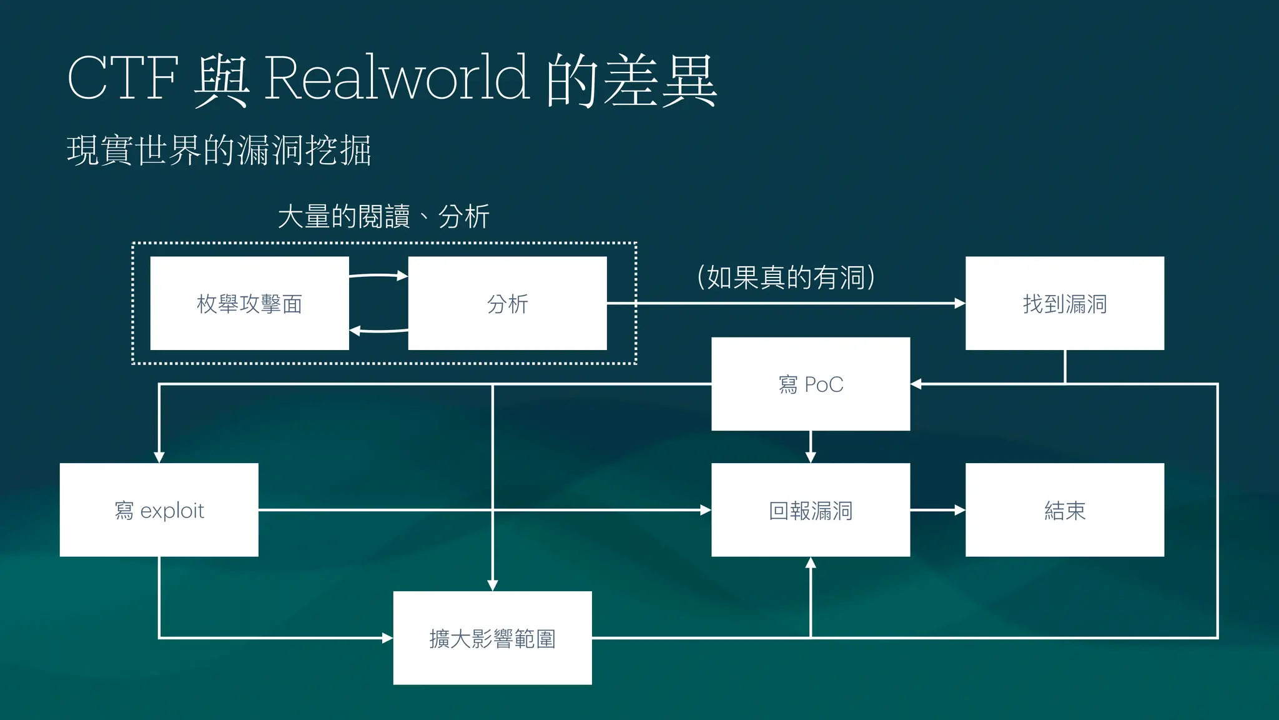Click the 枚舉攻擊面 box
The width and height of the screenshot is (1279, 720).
(x=249, y=303)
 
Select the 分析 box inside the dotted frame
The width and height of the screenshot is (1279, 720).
(x=507, y=303)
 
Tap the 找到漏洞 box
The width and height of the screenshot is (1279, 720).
(x=1064, y=303)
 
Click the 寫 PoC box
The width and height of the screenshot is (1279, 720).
(x=810, y=384)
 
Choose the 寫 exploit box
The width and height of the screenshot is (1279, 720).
(x=159, y=510)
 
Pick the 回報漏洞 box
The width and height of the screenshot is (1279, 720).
(x=810, y=510)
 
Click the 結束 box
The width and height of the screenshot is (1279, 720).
(x=1064, y=510)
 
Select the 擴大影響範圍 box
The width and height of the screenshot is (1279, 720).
(x=492, y=638)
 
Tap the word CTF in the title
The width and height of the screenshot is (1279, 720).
(x=122, y=77)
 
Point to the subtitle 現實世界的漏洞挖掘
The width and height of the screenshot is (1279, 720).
(x=219, y=151)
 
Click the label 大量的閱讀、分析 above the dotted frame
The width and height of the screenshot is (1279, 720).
(x=383, y=217)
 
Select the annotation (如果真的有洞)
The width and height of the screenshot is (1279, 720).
(x=786, y=277)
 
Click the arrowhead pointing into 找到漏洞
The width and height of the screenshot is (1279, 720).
(x=960, y=303)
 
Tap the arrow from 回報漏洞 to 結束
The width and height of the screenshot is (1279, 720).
(x=937, y=510)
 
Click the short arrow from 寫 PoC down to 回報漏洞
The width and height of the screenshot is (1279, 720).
(x=811, y=446)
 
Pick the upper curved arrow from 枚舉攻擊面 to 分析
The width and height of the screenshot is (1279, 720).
(x=378, y=275)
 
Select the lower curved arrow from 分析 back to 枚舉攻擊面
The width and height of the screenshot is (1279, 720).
(x=378, y=331)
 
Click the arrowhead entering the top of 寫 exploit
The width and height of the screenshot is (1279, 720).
(x=159, y=457)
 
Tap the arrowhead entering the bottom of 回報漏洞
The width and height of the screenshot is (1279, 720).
(x=811, y=563)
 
